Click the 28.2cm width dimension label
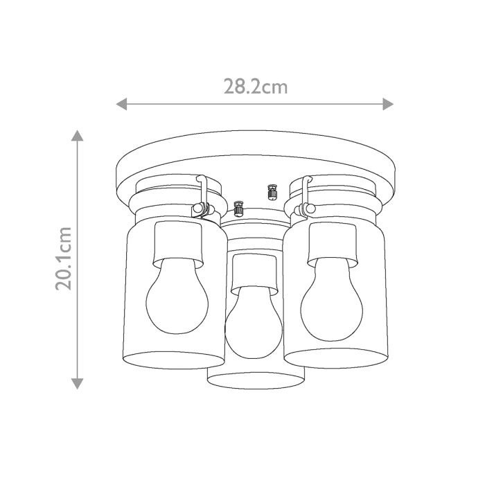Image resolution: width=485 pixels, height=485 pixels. tap(255, 87)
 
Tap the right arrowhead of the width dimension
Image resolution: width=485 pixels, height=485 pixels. tap(389, 104)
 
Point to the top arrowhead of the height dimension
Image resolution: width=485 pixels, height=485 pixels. tap(77, 136)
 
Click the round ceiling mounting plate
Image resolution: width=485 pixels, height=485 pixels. tap(256, 156)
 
